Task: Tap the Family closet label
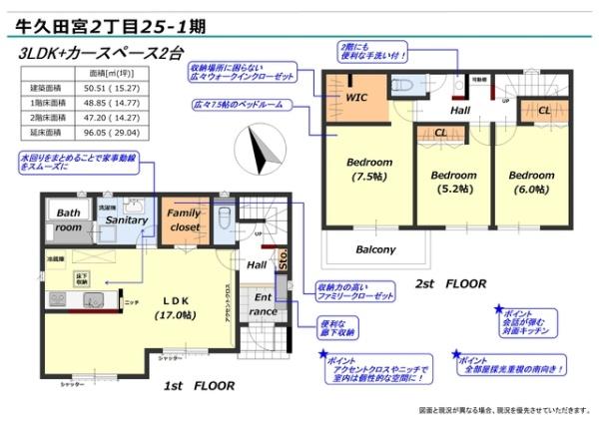tap(184, 220)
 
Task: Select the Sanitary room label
tap(128, 219)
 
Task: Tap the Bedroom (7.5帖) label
tap(364, 170)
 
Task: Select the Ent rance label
tap(263, 305)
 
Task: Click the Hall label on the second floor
tap(460, 110)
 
